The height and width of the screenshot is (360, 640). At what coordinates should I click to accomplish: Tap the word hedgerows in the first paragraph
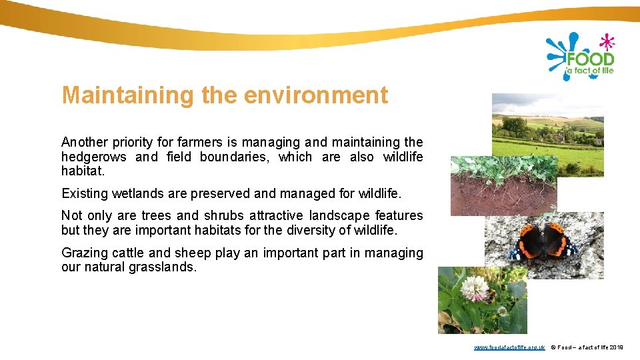coord(94,157)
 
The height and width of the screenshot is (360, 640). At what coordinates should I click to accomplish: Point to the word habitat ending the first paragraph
coord(82,171)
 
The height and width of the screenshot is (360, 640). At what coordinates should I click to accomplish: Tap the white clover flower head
coord(474,287)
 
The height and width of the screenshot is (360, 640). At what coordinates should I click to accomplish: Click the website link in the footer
coord(509,347)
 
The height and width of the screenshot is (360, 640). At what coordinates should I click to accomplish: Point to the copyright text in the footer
coord(586,347)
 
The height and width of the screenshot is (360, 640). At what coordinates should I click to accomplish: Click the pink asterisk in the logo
coord(606,42)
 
